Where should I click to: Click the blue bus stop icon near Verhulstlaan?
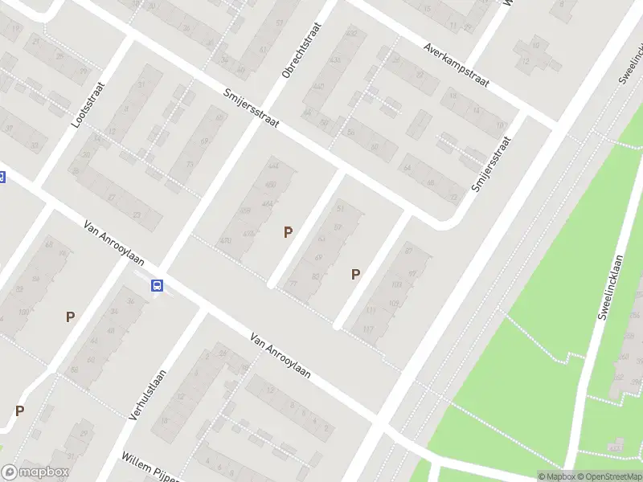(158, 285)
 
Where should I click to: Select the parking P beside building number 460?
(288, 232)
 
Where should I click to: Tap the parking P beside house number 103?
(355, 275)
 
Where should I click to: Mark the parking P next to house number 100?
(70, 317)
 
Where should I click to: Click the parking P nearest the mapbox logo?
(19, 411)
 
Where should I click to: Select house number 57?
(338, 227)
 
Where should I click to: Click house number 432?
(350, 34)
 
